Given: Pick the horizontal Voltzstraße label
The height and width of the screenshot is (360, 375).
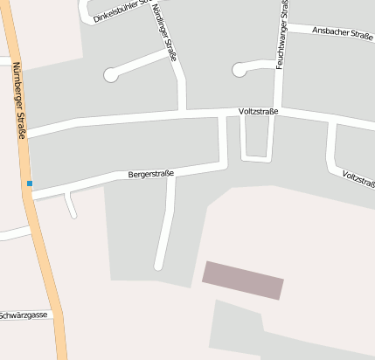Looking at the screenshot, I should point(258,113).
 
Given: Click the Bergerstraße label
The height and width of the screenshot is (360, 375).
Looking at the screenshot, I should point(151,174).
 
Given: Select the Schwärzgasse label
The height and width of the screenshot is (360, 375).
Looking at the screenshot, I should point(25,315).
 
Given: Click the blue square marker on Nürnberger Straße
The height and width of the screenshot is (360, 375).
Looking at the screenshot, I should point(30,183).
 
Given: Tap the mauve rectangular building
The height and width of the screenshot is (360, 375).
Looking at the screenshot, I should point(243,280).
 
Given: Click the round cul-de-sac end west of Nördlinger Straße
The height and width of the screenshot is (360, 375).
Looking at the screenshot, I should point(111,75).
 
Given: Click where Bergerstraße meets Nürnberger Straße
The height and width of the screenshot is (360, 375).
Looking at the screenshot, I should point(33,194).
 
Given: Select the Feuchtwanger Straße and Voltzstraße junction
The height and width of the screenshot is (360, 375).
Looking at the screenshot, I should point(278,110).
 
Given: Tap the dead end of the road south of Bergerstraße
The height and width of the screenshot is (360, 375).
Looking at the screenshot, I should point(159,265).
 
